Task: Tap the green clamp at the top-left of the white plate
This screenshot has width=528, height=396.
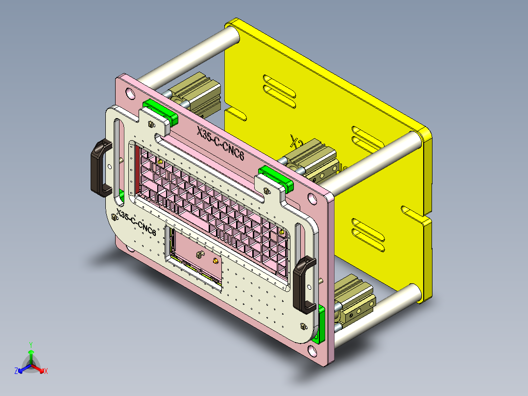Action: click(x=159, y=111)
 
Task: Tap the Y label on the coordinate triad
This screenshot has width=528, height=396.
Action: click(x=30, y=345)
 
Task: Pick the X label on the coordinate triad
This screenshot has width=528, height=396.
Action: click(x=46, y=371)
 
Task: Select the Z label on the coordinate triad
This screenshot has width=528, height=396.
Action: click(x=16, y=371)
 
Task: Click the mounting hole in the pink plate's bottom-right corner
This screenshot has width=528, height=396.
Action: click(x=312, y=350)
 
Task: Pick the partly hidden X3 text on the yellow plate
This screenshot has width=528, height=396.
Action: click(x=294, y=142)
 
